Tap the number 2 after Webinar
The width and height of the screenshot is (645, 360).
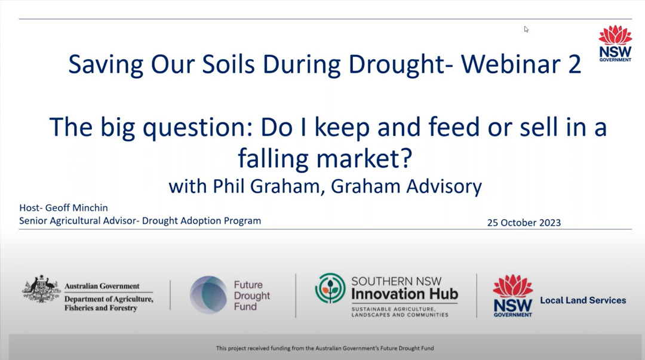pos(575,64)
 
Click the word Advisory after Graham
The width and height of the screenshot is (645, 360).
pos(444,186)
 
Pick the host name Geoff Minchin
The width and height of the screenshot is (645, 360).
pos(76,208)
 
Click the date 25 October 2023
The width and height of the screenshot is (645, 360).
pos(524,223)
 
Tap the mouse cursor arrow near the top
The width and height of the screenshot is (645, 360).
pos(526,29)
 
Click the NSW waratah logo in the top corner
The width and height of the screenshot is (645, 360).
pos(615,43)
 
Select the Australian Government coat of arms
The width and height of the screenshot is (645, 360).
pos(41,289)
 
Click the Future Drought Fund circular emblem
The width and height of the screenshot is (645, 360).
pos(208,295)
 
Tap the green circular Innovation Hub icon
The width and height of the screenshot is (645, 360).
pos(330,288)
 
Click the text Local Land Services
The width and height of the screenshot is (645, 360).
pos(583,300)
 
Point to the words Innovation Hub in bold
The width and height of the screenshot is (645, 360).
pos(404,294)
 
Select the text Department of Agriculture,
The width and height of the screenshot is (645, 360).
pos(109,299)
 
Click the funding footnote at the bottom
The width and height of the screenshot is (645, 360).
pos(325,348)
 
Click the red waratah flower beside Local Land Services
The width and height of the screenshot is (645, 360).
pos(512,286)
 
